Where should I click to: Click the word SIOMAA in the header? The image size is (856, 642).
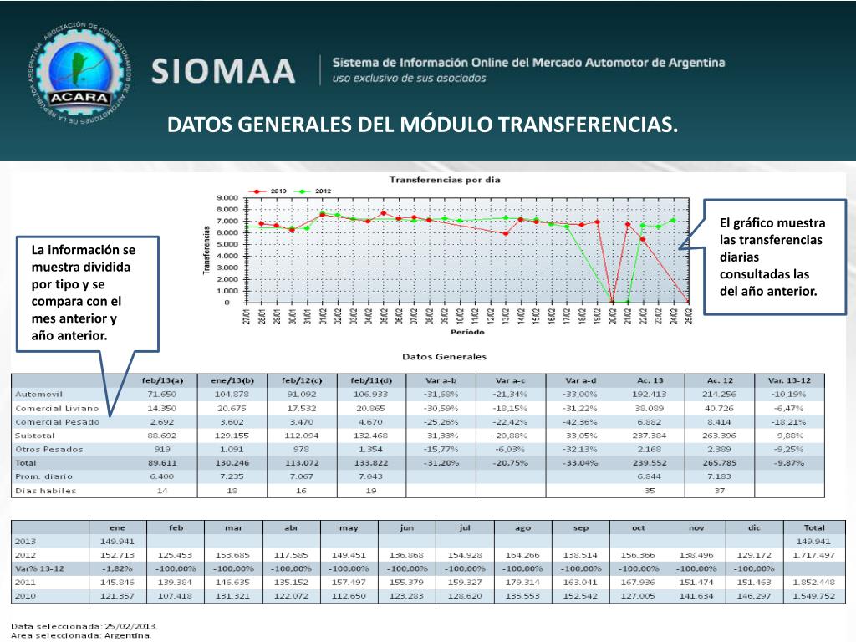(x=223, y=70)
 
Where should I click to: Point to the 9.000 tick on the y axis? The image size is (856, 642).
(x=227, y=198)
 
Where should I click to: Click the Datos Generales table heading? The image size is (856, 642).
(x=444, y=357)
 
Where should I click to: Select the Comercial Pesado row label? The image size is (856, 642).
(x=57, y=422)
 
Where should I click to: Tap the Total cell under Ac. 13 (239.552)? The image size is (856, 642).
(x=650, y=461)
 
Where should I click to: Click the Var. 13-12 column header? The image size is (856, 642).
(x=789, y=380)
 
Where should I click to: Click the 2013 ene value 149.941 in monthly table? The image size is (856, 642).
(x=118, y=541)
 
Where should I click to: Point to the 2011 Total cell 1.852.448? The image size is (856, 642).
(x=813, y=582)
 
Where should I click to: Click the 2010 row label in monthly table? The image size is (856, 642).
(x=27, y=596)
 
